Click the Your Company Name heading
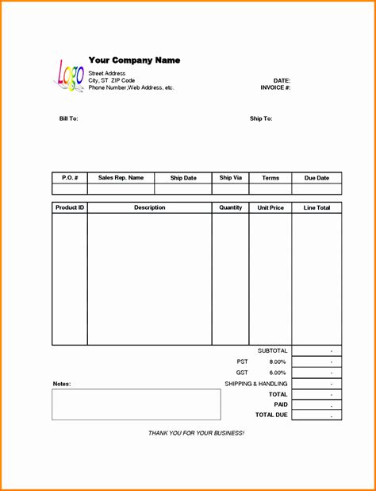[x=134, y=60]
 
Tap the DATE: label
[x=282, y=81]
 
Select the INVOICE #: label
[x=275, y=87]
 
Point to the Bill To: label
[x=68, y=118]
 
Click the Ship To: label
[x=261, y=118]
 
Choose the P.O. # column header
[x=70, y=178]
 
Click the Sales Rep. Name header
[x=121, y=178]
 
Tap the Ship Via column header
[x=231, y=178]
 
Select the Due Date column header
[x=317, y=178]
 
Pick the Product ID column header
[x=70, y=207]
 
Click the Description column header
[x=149, y=207]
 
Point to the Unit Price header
[x=270, y=207]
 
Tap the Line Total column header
[x=317, y=207]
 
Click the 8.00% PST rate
[x=277, y=361]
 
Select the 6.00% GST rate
[x=277, y=373]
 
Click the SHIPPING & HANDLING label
[x=256, y=384]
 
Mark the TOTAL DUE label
[x=271, y=415]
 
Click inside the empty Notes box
[x=136, y=404]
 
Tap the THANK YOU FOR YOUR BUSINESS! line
[x=197, y=433]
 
